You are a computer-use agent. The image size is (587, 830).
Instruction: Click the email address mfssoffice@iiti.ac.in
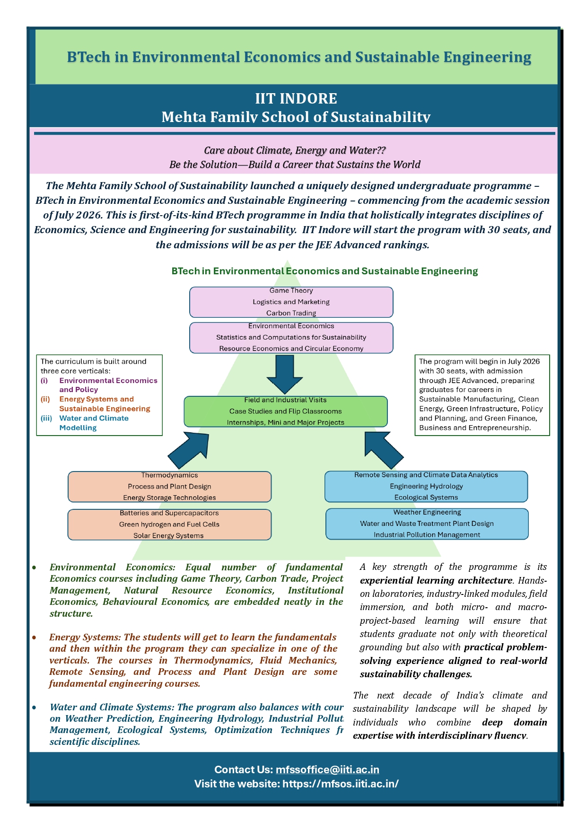[x=327, y=769]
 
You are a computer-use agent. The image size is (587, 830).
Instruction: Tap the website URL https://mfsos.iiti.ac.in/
[x=341, y=784]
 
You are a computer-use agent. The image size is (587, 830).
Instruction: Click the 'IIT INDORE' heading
[x=296, y=98]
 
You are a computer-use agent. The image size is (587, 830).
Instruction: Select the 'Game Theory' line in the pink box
[x=291, y=291]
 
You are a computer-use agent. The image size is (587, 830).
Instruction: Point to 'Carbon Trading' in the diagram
[x=291, y=313]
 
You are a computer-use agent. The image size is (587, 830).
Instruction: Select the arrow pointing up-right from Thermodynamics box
[x=190, y=450]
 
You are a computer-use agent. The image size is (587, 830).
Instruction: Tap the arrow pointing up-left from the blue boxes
[x=383, y=450]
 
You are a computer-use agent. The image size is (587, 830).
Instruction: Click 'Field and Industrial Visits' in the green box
[x=286, y=400]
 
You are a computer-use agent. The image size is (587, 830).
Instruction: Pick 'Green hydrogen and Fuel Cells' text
[x=169, y=524]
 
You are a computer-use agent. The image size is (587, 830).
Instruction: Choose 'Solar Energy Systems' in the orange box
[x=168, y=536]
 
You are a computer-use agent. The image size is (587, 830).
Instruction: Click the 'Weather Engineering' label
[x=427, y=512]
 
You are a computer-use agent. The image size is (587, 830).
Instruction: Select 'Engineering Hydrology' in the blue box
[x=426, y=486]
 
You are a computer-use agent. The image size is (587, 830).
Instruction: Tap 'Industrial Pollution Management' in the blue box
[x=427, y=535]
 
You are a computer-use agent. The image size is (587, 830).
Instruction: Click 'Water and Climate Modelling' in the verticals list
[x=94, y=423]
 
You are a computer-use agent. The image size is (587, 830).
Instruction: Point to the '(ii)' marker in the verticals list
[x=45, y=399]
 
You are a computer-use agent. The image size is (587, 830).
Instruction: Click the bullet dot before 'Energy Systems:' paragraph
[x=35, y=638]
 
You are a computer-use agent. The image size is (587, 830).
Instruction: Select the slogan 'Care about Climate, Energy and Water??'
[x=295, y=150]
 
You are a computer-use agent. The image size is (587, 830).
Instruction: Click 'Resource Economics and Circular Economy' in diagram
[x=291, y=349]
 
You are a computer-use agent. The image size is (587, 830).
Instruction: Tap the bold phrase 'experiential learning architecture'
[x=436, y=580]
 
